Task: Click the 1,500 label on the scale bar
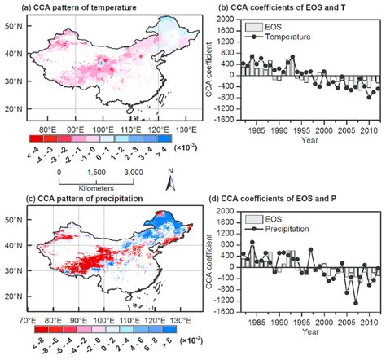pos(92,173)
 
